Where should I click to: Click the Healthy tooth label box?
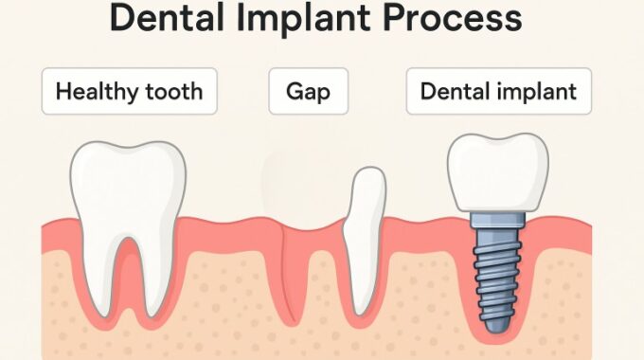[129, 92]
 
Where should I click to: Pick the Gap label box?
[307, 92]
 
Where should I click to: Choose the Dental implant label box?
[498, 92]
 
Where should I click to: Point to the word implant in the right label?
[539, 92]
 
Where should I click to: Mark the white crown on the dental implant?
[497, 171]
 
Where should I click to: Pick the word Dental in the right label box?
[457, 92]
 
